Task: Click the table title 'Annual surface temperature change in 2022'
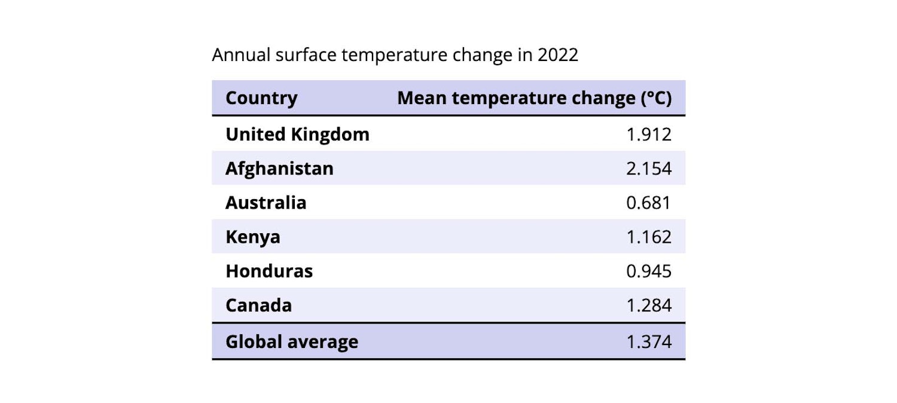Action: click(x=395, y=55)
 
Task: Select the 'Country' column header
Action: click(x=261, y=98)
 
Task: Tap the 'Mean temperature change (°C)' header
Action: click(x=534, y=98)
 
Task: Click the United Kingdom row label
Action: click(x=297, y=135)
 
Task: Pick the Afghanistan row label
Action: click(x=279, y=169)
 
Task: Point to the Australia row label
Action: click(x=266, y=203)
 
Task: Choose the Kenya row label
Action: click(x=252, y=237)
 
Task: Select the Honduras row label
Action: click(x=269, y=271)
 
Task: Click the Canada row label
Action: click(x=258, y=306)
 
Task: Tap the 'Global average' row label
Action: click(x=292, y=341)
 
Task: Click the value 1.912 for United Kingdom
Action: click(x=649, y=135)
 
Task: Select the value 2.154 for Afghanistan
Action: click(x=649, y=169)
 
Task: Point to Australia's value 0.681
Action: click(x=649, y=203)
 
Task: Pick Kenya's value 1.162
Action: click(x=649, y=237)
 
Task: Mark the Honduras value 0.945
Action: click(x=649, y=271)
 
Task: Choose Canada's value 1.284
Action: click(x=649, y=306)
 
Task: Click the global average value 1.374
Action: click(x=649, y=341)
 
